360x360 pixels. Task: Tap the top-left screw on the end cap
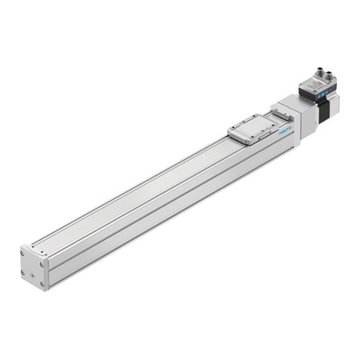tap(23, 254)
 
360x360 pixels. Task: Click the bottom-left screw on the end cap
tap(25, 274)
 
